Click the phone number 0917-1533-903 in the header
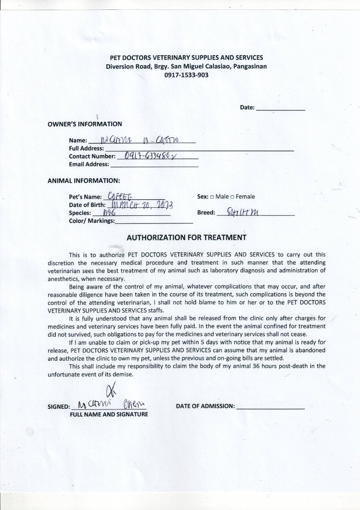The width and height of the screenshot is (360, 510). (x=186, y=75)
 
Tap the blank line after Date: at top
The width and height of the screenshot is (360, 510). (x=280, y=108)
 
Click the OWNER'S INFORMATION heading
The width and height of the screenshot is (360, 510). (x=85, y=124)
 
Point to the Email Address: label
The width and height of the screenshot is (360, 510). (x=89, y=165)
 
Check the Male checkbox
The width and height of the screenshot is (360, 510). (x=212, y=196)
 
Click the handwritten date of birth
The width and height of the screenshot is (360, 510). (x=142, y=204)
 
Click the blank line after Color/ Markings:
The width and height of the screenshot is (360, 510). (x=154, y=221)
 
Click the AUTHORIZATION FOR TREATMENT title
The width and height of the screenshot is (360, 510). (x=186, y=238)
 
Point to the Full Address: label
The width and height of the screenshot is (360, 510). (x=86, y=148)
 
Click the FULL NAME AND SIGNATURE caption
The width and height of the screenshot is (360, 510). (x=109, y=414)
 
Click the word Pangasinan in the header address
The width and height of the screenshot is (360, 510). (x=249, y=67)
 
